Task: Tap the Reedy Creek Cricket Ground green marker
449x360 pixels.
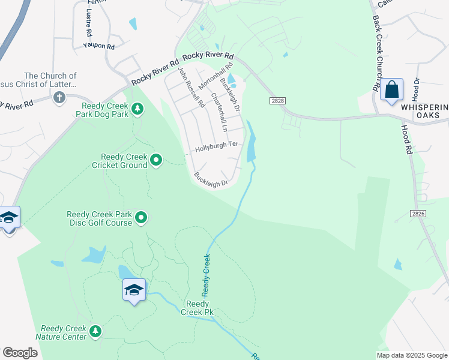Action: coord(156,160)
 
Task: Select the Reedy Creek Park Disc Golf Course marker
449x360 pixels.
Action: coord(141,217)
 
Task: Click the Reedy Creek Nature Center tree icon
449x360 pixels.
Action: coord(94,331)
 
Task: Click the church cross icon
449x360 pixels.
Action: coord(59,97)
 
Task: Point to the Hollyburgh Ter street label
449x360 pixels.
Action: coord(216,146)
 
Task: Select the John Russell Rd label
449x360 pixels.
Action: coord(191,87)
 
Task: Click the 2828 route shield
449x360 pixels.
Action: coord(277,101)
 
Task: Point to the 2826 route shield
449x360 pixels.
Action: coord(420,214)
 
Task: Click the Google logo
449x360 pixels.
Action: coord(20,353)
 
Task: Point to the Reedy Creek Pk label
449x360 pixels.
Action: coord(197,307)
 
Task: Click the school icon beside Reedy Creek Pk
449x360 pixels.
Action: coord(134,290)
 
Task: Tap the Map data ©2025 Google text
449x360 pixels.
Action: coord(412,355)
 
